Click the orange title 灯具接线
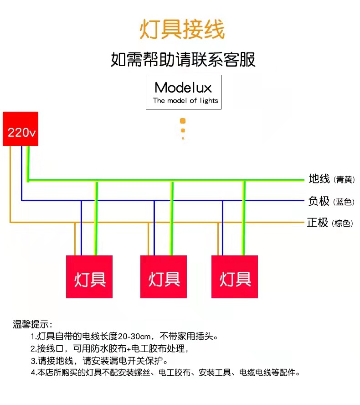[x=182, y=30]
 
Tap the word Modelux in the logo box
[x=183, y=88]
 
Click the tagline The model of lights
[x=185, y=101]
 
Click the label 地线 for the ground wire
[x=319, y=179]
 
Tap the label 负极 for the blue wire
[x=319, y=201]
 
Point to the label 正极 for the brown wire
[x=318, y=223]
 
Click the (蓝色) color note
[x=344, y=202]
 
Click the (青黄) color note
[x=344, y=180]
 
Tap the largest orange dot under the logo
[x=183, y=121]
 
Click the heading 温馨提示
[x=32, y=325]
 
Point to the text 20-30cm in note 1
[x=134, y=337]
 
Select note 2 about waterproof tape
[x=109, y=349]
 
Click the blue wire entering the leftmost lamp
[x=82, y=228]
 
